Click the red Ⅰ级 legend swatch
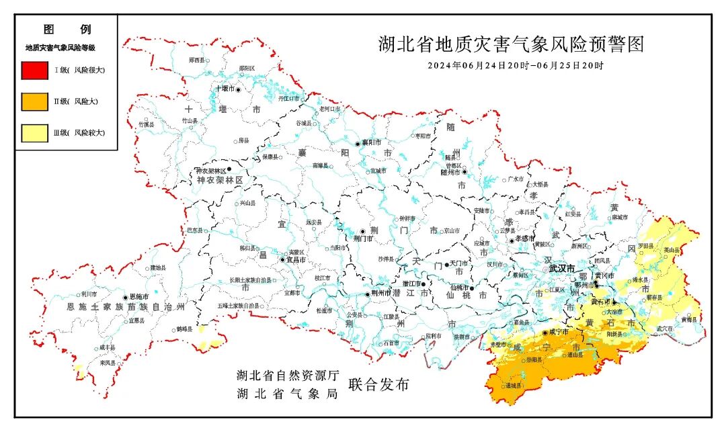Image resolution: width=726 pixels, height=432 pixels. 34,70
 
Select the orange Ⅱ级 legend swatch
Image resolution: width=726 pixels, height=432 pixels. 34,101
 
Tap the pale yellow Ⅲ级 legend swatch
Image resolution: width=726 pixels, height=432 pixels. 34,133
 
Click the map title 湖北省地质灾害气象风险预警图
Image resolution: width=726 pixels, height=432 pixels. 511,45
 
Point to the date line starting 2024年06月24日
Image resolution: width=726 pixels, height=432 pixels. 516,66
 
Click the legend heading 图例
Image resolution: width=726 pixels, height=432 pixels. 67,30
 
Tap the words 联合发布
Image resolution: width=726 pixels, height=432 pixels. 378,384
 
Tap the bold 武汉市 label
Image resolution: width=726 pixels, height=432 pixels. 562,268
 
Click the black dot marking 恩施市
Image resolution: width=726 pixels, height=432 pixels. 125,297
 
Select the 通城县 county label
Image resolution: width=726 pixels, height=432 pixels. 513,386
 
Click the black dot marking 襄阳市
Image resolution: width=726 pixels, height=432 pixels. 358,143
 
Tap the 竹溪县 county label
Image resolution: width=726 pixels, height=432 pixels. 146,124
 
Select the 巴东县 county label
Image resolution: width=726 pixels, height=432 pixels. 195,230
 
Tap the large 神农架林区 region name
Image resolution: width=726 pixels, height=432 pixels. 218,181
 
